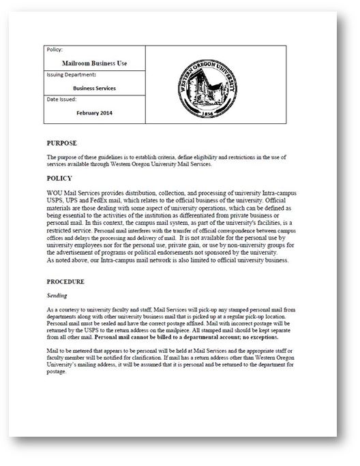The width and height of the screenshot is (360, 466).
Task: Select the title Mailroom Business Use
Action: coord(95,63)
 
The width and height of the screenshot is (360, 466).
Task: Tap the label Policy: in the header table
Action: coord(54,50)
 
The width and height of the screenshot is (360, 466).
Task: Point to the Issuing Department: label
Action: coord(72,74)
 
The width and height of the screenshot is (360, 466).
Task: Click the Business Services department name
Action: coord(95,88)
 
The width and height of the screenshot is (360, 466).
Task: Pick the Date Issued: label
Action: coord(62,99)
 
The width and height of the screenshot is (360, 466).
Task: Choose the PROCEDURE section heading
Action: coord(65,281)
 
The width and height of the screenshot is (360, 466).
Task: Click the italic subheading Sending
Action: coord(57,296)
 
